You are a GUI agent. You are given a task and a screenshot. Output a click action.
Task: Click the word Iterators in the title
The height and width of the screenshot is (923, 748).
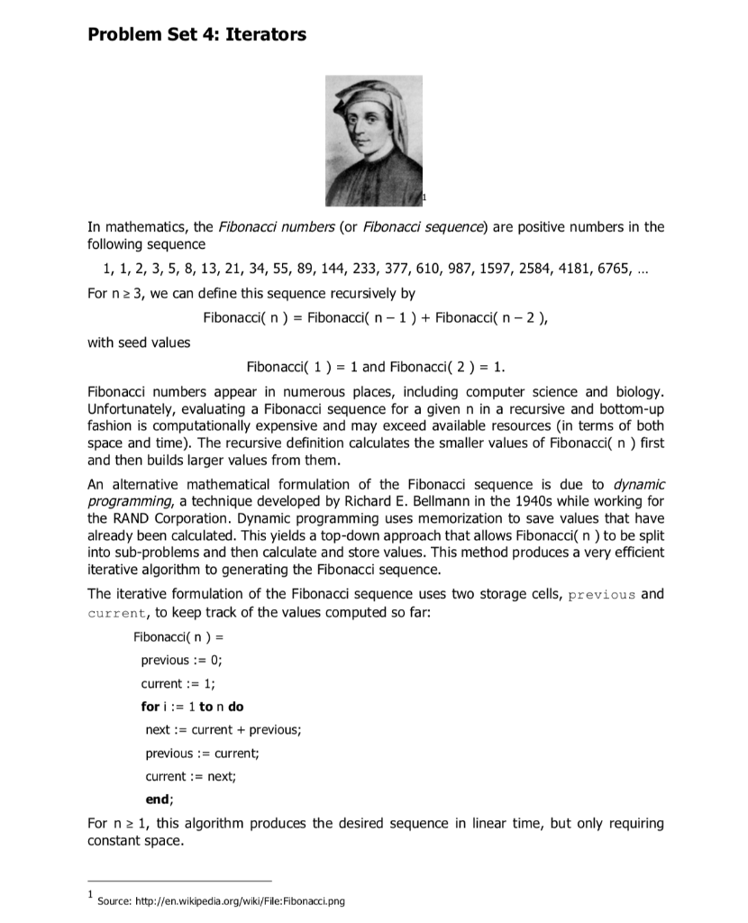[x=260, y=35]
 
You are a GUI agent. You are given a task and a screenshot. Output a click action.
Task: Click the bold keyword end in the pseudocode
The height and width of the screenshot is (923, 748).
[x=159, y=799]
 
